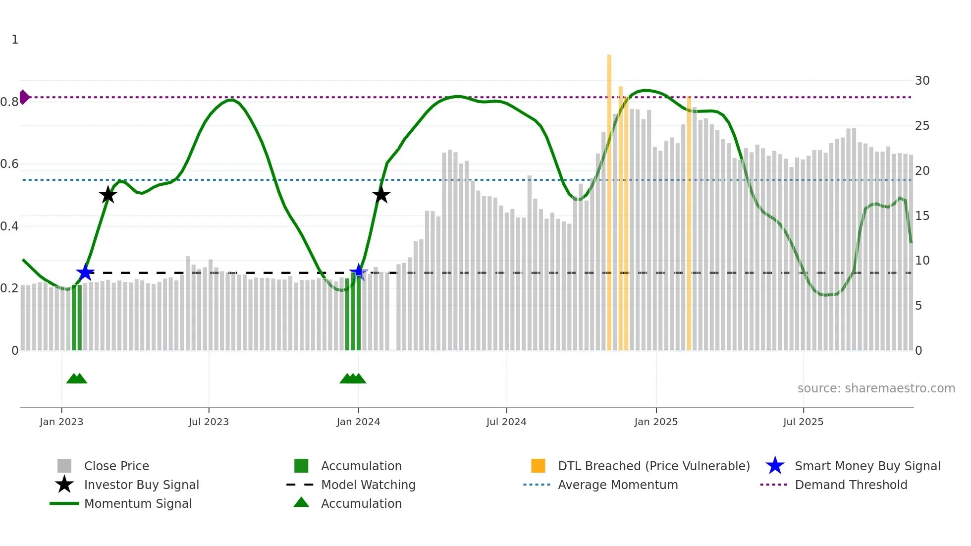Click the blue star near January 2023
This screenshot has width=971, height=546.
coord(85,273)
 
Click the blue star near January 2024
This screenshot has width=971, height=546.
coord(358,273)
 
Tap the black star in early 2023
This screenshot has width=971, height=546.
coord(108,195)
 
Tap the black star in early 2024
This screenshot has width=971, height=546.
coord(381,195)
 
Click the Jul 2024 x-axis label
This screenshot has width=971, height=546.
coord(506,422)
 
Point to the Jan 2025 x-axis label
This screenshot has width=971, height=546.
coord(655,422)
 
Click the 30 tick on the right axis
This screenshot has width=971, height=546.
coord(922,81)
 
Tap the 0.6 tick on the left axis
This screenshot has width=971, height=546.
coord(10,164)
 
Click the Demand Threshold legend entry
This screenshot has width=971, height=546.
coord(851,485)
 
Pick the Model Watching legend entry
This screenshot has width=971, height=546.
coord(368,485)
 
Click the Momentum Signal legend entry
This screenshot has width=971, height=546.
coord(138,503)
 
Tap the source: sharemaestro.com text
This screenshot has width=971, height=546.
coord(876,388)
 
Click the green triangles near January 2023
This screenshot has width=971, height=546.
coord(77,379)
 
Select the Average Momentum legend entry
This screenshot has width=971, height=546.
coord(617,485)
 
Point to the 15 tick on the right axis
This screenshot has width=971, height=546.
coord(922,216)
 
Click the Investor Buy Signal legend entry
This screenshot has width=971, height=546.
coord(141,485)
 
